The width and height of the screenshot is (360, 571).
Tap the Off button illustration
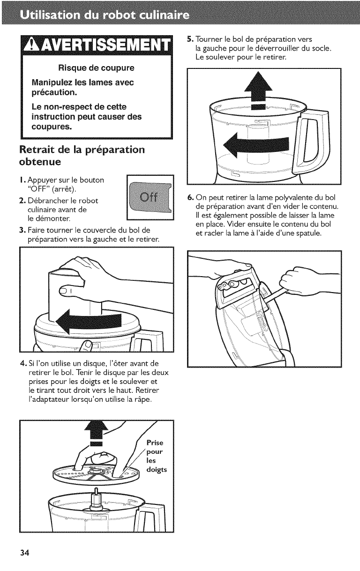150,197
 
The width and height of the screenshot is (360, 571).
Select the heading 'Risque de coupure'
96,68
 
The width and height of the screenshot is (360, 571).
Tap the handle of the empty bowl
312,140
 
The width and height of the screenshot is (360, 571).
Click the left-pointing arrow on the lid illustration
88,321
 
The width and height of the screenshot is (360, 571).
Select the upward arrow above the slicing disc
97,434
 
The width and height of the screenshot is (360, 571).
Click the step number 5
189,39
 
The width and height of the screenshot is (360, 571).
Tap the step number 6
189,197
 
